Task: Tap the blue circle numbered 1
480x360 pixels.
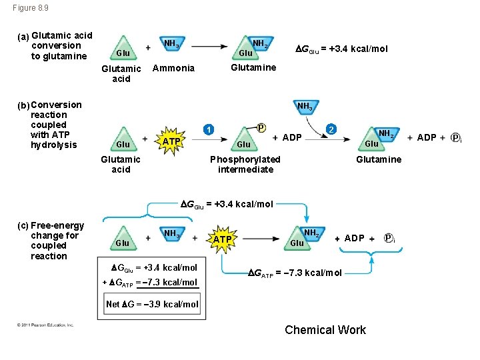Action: click(209, 129)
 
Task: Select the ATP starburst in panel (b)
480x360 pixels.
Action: click(171, 141)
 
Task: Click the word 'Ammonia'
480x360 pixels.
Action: click(173, 68)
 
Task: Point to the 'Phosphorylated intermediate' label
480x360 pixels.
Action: click(245, 164)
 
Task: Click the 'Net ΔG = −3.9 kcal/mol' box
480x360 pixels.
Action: click(153, 304)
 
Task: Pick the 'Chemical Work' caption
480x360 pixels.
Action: click(325, 330)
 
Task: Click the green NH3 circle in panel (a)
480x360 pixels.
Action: click(171, 45)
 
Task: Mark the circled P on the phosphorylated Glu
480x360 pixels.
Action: click(261, 127)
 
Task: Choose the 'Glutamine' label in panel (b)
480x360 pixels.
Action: click(379, 159)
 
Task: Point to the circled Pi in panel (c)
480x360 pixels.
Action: click(390, 239)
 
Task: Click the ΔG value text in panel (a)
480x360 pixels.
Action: click(341, 49)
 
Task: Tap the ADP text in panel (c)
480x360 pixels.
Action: click(354, 238)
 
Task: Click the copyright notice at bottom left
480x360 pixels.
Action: click(46, 325)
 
